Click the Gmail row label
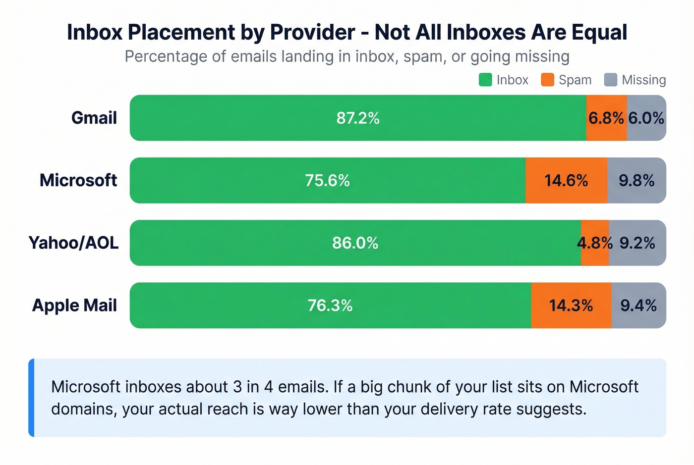click(94, 118)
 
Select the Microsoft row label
click(78, 180)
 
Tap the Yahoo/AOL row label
click(73, 243)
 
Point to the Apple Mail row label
click(74, 305)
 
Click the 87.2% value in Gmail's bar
click(357, 118)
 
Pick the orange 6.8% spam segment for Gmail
click(606, 118)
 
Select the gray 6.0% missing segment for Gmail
click(646, 118)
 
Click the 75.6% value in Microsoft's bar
click(327, 180)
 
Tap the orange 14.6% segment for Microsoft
click(566, 180)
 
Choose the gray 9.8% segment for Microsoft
click(636, 180)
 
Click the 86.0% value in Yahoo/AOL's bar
click(355, 243)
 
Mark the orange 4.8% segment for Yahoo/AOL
click(595, 243)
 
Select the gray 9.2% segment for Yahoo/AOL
click(637, 243)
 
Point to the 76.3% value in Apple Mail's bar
click(330, 305)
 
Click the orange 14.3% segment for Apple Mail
click(571, 305)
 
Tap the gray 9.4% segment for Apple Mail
click(638, 305)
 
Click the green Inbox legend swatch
click(485, 80)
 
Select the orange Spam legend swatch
click(547, 80)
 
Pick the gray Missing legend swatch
click(611, 80)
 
